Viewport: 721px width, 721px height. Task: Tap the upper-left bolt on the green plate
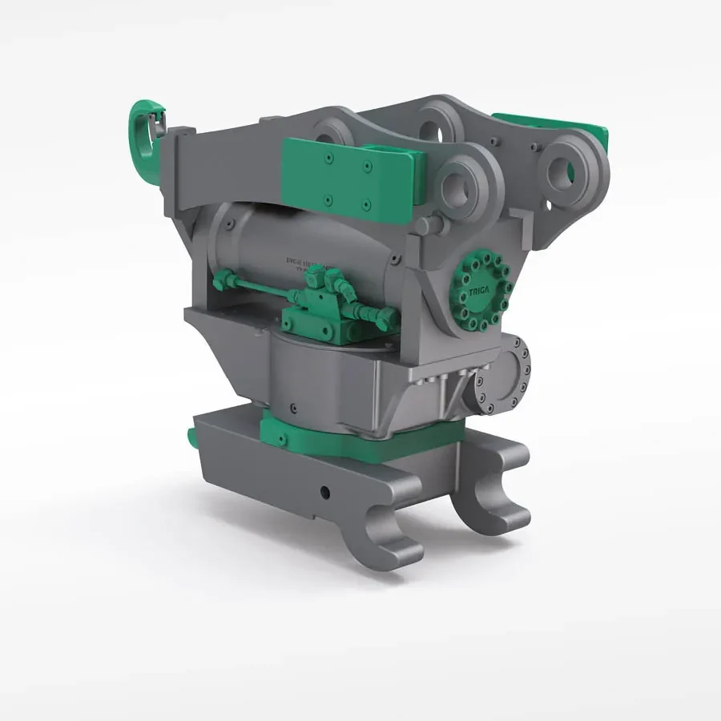click(328, 160)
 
